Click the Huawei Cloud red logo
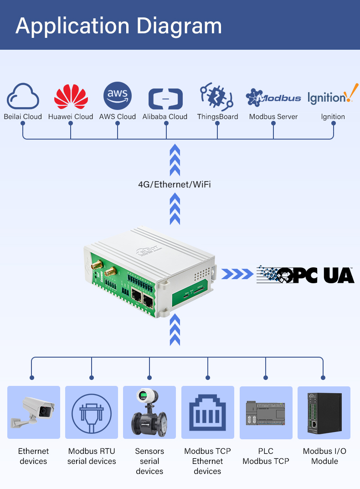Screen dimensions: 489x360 [x=71, y=96]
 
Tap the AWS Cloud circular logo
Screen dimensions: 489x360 [x=118, y=96]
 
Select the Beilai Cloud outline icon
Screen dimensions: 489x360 [x=23, y=96]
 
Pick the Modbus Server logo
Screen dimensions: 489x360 [x=273, y=97]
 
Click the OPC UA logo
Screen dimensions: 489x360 [x=305, y=274]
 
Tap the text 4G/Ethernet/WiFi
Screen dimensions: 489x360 [x=175, y=184]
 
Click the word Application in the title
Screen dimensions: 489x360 [x=73, y=26]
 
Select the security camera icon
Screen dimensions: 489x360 [x=33, y=412]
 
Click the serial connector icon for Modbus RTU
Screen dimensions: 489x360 [x=92, y=412]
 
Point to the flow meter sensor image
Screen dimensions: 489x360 [x=149, y=412]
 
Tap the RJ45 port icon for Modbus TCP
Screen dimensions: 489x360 [x=207, y=412]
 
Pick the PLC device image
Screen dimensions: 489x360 [x=266, y=413]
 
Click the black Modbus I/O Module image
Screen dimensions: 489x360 [x=324, y=412]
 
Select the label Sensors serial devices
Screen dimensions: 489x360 [x=149, y=461]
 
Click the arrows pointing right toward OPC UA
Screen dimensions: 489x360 [x=237, y=274]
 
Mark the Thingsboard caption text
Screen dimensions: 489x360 [x=217, y=117]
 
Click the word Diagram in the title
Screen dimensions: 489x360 [x=179, y=26]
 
